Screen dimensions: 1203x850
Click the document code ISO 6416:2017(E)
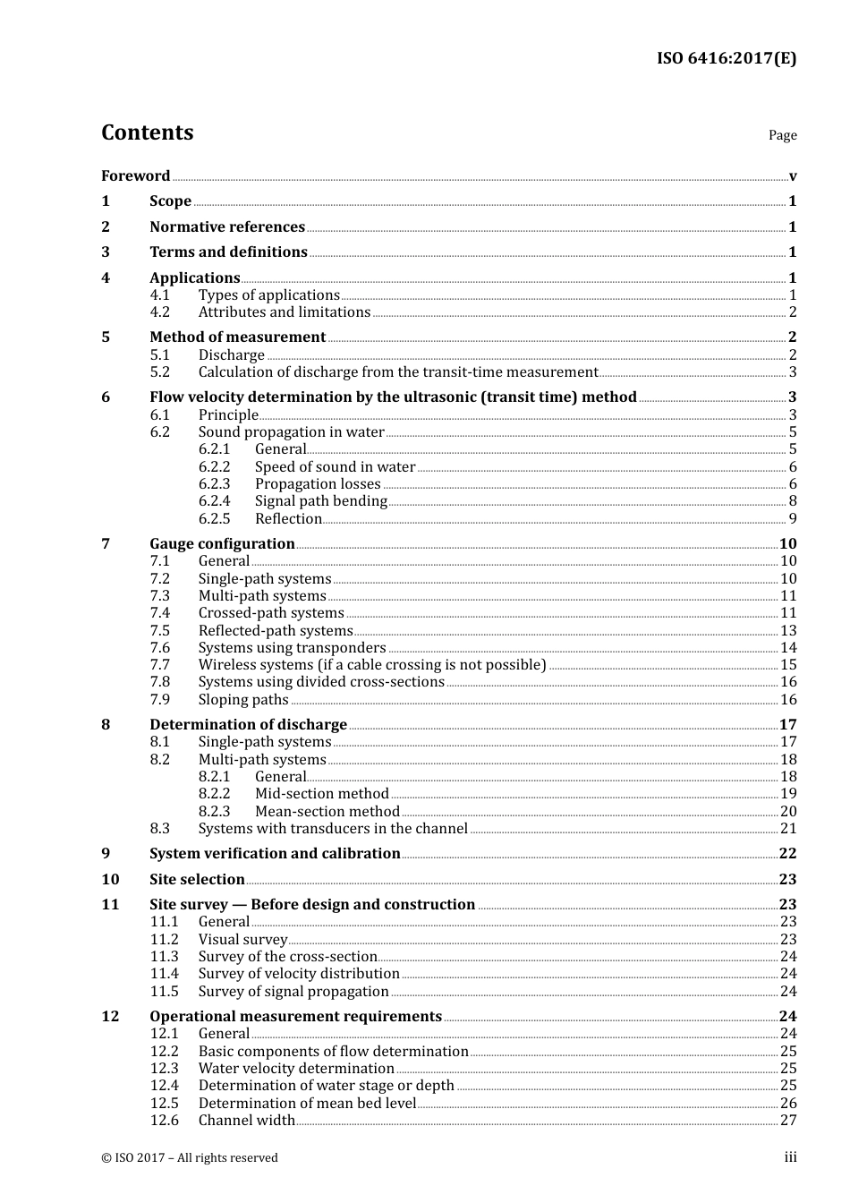[x=726, y=59]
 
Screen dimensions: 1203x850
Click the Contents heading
[x=147, y=132]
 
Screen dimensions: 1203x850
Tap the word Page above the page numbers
[x=782, y=135]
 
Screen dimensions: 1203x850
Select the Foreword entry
[x=135, y=175]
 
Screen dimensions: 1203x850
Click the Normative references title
[x=227, y=226]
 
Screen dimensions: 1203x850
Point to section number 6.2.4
[x=214, y=501]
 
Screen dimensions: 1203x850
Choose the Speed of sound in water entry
[x=335, y=466]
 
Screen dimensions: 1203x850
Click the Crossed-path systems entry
[x=271, y=613]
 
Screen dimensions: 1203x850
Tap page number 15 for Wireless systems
[x=788, y=665]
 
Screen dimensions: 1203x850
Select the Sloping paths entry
[x=243, y=700]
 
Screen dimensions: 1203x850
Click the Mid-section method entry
[x=321, y=794]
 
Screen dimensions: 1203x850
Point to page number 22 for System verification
[x=787, y=854]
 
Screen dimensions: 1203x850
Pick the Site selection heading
[x=197, y=880]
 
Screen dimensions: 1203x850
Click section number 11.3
[x=164, y=957]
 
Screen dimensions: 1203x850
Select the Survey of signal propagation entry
[x=293, y=992]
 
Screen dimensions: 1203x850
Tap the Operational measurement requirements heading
[x=295, y=1017]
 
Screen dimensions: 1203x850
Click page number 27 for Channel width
[x=788, y=1121]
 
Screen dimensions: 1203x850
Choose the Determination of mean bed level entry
[x=307, y=1104]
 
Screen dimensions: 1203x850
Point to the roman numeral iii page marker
[x=790, y=1157]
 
